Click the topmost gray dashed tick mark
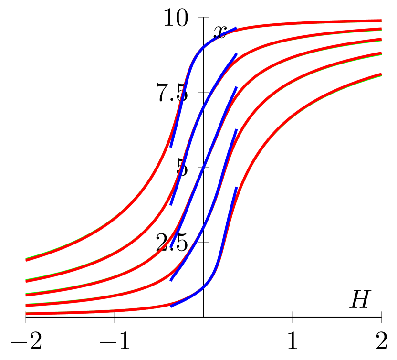click(203, 18)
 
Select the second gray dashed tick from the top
click(203, 92)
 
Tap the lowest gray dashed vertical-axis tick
click(203, 242)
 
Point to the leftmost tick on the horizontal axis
click(25, 317)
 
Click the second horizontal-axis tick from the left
click(115, 317)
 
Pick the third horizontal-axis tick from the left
click(293, 317)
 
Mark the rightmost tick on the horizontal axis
click(381, 317)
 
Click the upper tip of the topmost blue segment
click(236, 28)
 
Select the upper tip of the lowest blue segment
click(236, 188)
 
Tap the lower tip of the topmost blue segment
click(171, 146)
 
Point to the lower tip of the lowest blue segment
click(171, 306)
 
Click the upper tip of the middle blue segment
click(236, 87)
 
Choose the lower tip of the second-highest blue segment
click(171, 205)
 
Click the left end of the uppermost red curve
click(26, 260)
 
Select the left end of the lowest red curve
click(26, 314)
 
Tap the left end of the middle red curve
click(26, 295)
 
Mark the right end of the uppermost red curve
click(381, 21)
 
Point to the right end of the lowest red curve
click(381, 74)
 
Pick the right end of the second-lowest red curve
click(381, 53)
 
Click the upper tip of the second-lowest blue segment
click(236, 130)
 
